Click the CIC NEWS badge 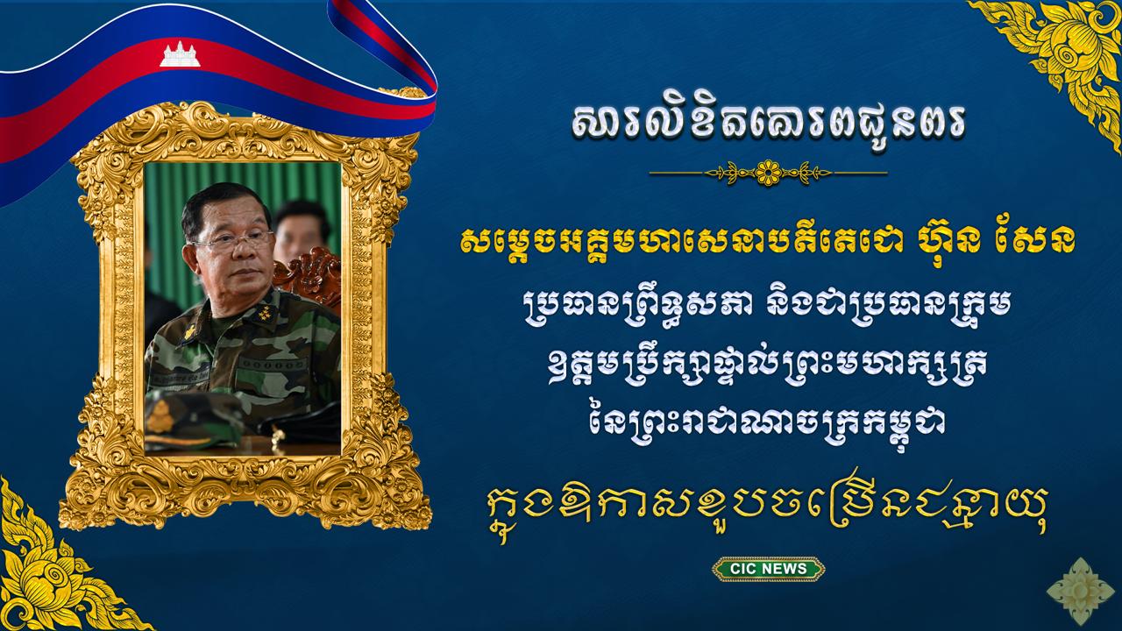[x=768, y=569]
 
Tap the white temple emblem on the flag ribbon [x=180, y=54]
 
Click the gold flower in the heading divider [x=769, y=174]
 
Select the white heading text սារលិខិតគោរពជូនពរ [x=769, y=123]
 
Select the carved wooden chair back [x=309, y=278]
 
